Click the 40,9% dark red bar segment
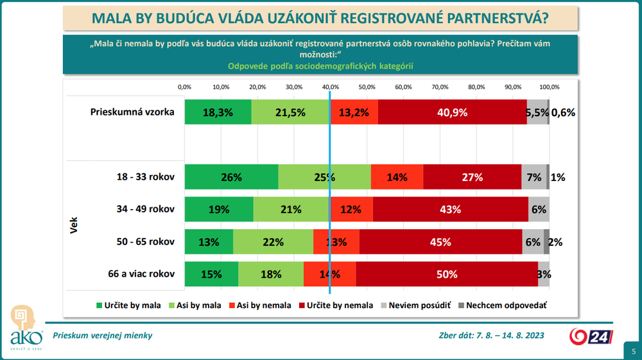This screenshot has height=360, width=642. pos(452,112)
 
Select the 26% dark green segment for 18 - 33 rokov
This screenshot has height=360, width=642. pos(231,177)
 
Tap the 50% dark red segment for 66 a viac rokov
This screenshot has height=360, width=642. pos(447,274)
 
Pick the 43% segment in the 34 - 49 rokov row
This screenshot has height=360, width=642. pos(451,209)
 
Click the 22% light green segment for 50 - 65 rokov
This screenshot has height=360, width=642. pos(273,242)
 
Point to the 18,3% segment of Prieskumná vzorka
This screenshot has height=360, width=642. pos(218,112)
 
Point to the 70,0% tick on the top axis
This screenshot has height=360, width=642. pos(440,87)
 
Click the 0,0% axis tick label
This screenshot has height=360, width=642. pos(184,87)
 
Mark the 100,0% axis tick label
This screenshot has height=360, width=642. pos(550,87)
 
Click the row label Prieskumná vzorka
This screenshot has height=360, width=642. pos(132,112)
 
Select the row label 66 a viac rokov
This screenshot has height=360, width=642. pos(142,274)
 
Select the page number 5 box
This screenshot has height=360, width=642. pos(633,351)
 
